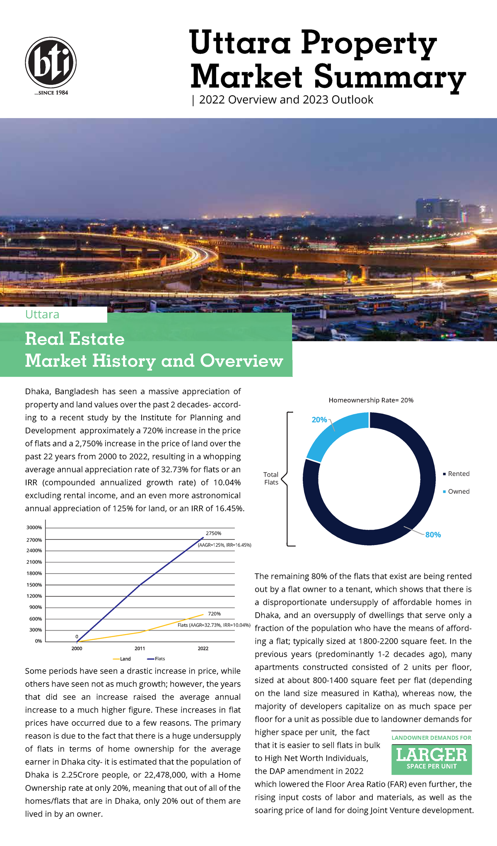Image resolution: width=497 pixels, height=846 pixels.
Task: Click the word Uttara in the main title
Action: click(240, 43)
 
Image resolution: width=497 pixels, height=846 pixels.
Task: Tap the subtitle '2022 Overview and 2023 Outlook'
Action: click(286, 100)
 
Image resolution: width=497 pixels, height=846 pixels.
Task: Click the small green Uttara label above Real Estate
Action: click(42, 315)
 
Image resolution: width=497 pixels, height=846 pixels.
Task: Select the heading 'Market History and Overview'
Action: click(154, 361)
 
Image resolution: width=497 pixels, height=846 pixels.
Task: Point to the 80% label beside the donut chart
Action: click(433, 535)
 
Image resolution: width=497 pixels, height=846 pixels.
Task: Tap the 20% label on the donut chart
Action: click(319, 420)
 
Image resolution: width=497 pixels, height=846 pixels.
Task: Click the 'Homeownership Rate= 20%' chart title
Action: click(371, 400)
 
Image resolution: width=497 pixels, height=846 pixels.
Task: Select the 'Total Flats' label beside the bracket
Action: click(271, 478)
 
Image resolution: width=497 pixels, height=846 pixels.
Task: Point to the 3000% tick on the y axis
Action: click(34, 528)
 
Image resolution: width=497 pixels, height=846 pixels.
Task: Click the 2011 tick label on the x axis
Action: click(140, 648)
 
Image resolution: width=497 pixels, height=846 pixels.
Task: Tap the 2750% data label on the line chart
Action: click(213, 533)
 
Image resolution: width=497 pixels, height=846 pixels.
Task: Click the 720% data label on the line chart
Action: click(214, 614)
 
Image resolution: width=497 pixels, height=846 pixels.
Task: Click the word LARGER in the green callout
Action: click(432, 755)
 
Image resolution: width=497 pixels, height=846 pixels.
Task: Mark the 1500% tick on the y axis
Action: click(34, 585)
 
